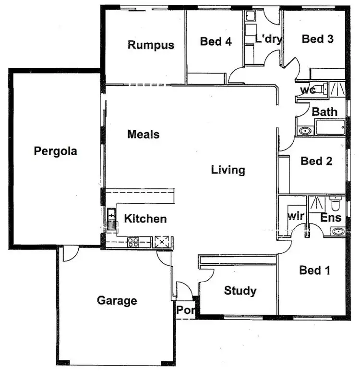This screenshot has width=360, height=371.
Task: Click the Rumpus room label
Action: [x=151, y=45]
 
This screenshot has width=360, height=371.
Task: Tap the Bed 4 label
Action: [x=216, y=42]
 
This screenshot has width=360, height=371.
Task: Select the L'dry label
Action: [x=268, y=39]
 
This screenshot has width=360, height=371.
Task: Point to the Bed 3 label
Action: [x=318, y=39]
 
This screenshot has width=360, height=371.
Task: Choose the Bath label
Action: [x=325, y=112]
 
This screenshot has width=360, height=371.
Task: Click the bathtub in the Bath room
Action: [x=330, y=128]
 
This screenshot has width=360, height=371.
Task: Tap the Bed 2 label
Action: [x=316, y=161]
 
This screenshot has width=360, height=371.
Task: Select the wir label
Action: [x=296, y=216]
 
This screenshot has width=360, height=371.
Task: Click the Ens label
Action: [x=331, y=218]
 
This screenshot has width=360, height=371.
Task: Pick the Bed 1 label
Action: [x=315, y=271]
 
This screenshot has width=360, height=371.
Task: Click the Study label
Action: [x=240, y=291]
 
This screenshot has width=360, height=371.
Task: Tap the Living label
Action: [x=228, y=170]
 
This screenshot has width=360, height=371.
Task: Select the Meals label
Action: [x=143, y=135]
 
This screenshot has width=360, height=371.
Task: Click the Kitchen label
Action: [x=145, y=219]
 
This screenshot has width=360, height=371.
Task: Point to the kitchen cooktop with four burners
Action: [x=133, y=242]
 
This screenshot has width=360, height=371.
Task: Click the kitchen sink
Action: [x=112, y=219]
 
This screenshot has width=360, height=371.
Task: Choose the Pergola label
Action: [x=56, y=151]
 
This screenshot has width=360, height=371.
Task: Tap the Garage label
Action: [x=117, y=301]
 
